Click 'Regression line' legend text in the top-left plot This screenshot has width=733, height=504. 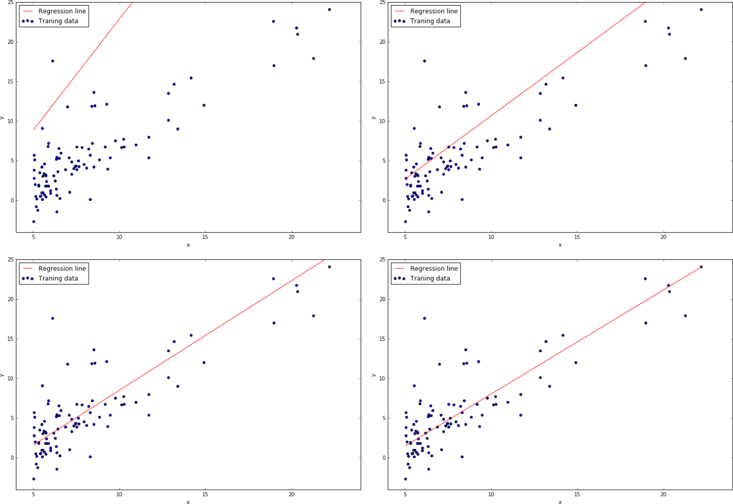coord(62,11)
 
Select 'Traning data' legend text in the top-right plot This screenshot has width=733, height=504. coord(430,21)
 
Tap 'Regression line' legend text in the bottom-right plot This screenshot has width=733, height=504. coord(434,269)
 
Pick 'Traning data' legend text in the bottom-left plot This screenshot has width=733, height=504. coord(58,278)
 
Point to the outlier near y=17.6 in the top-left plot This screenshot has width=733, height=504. coord(52,61)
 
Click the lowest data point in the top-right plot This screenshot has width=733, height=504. coord(405,222)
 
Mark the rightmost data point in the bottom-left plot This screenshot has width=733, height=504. coord(329,267)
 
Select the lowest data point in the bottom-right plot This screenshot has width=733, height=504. coord(405,479)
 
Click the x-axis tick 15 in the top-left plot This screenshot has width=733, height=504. coord(205,237)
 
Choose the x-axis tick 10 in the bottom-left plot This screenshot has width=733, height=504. coord(119,494)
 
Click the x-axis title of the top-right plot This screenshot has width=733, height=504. coord(560,245)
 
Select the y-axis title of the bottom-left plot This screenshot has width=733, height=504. coord(3,375)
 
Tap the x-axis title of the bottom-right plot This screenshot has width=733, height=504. coord(560,502)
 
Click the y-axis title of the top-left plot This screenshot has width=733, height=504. coord(3,118)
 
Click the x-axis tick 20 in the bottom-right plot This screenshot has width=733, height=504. coord(663,494)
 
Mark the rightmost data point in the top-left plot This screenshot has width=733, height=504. coord(329,10)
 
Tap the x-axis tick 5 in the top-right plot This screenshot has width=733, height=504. coord(405,237)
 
